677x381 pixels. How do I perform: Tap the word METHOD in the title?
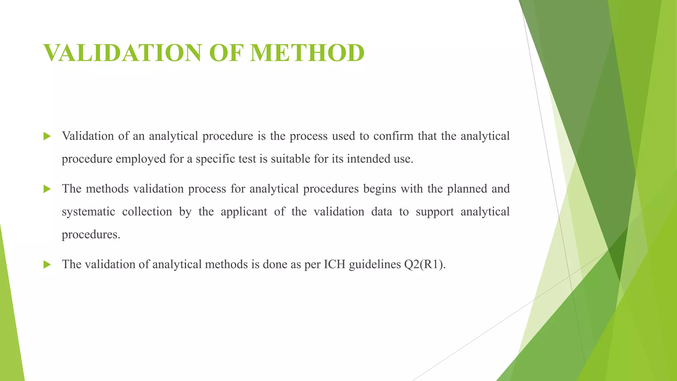pyautogui.click(x=307, y=53)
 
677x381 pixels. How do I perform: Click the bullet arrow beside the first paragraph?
pyautogui.click(x=47, y=136)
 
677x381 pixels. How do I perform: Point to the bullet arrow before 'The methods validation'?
pyautogui.click(x=47, y=189)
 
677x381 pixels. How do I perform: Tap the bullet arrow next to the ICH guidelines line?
pyautogui.click(x=47, y=265)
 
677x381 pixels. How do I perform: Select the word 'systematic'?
pyautogui.click(x=88, y=212)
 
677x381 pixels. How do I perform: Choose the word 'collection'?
pyautogui.click(x=147, y=212)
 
